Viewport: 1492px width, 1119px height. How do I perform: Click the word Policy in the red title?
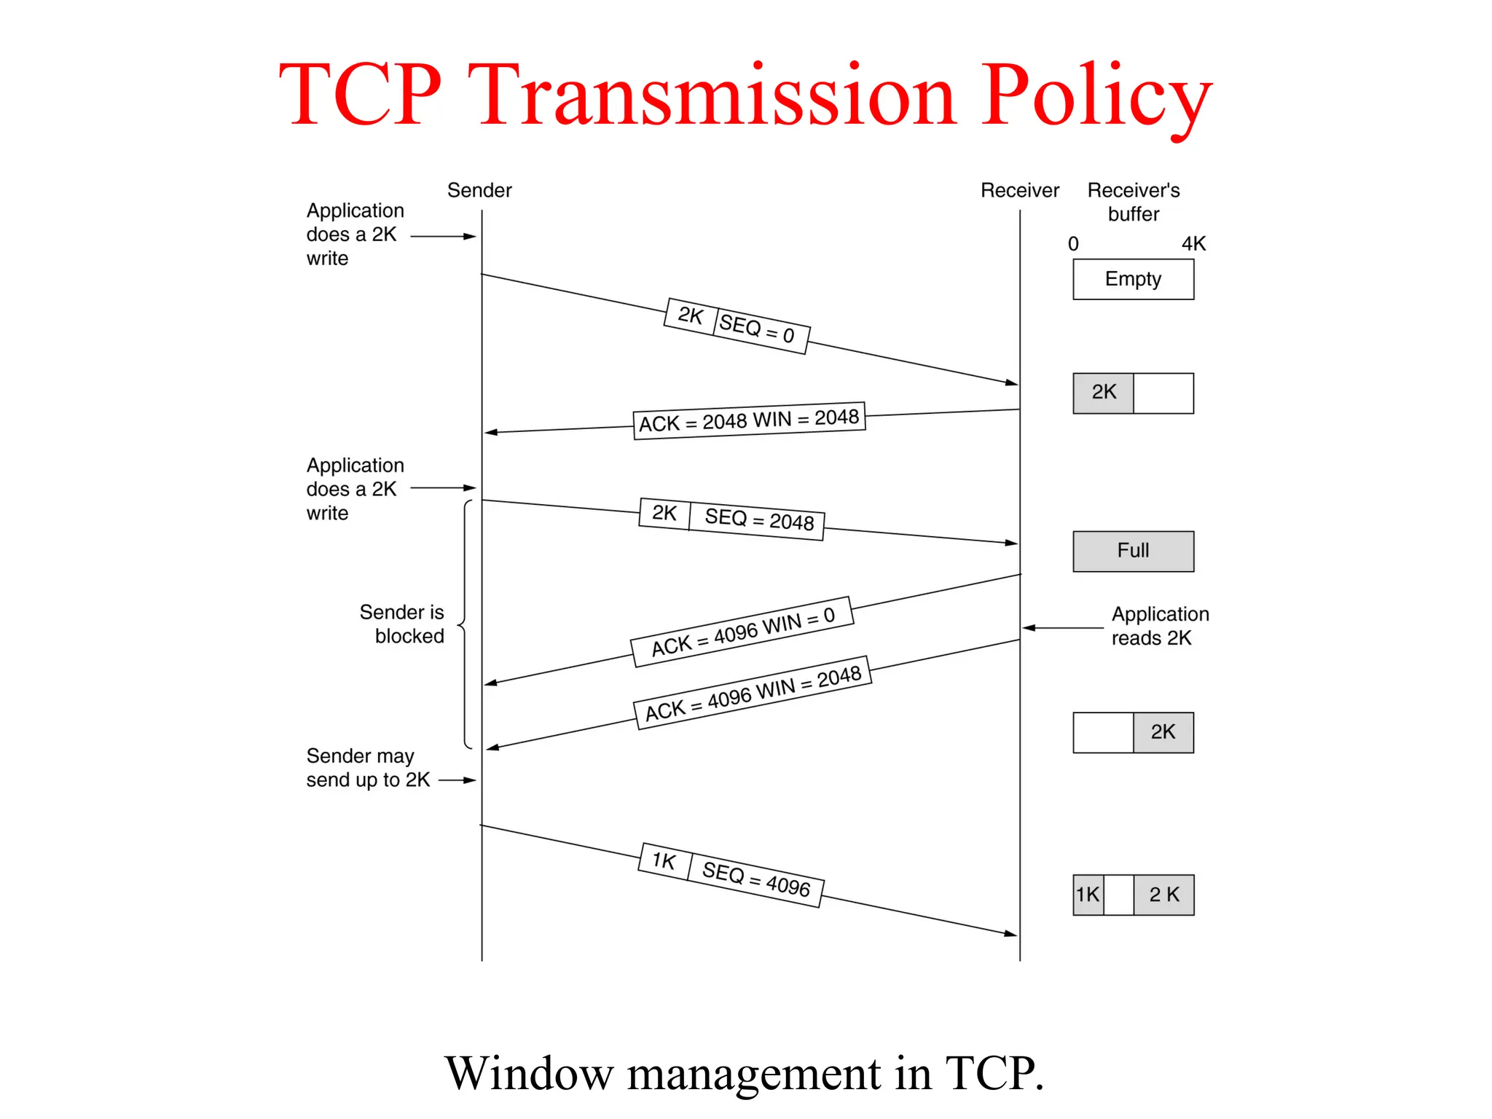pyautogui.click(x=1096, y=96)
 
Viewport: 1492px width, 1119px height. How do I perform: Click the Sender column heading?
pyautogui.click(x=479, y=190)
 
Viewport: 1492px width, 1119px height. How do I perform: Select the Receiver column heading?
pyautogui.click(x=1019, y=190)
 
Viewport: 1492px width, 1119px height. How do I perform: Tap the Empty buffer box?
pyautogui.click(x=1133, y=279)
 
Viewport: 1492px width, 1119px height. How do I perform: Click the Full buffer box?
pyautogui.click(x=1133, y=551)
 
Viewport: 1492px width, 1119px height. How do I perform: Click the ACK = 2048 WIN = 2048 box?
pyautogui.click(x=749, y=420)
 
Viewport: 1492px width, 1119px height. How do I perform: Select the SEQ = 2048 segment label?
pyautogui.click(x=758, y=520)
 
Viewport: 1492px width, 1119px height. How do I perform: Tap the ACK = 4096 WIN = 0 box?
pyautogui.click(x=742, y=632)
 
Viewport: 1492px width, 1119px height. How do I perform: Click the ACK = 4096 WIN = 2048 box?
pyautogui.click(x=753, y=693)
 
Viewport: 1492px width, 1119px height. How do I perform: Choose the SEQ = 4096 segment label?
pyautogui.click(x=755, y=879)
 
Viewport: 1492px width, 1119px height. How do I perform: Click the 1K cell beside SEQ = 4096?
pyautogui.click(x=664, y=861)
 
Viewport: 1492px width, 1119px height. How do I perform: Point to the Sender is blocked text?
pyautogui.click(x=403, y=624)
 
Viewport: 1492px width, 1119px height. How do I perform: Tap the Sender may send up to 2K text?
pyautogui.click(x=368, y=768)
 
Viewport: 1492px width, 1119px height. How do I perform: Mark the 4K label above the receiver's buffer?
pyautogui.click(x=1193, y=244)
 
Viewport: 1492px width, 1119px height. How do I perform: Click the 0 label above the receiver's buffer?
pyautogui.click(x=1073, y=244)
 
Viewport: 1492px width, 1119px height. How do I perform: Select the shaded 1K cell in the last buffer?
pyautogui.click(x=1088, y=895)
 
